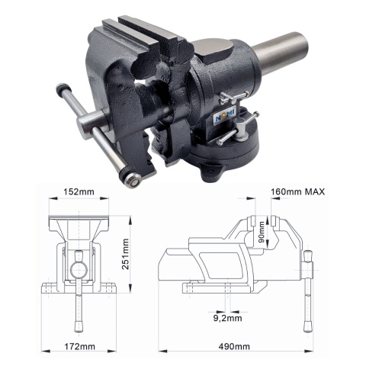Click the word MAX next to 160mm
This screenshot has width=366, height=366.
click(x=311, y=192)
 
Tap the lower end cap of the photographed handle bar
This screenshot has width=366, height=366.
click(x=133, y=180)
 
